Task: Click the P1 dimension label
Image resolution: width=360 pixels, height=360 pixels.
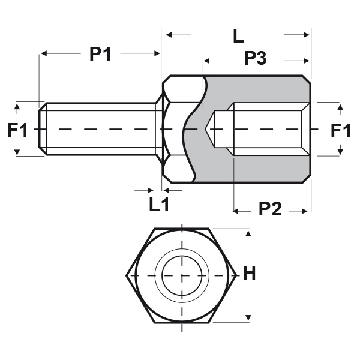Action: click(x=100, y=53)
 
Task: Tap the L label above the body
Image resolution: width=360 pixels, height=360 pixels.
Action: click(x=238, y=36)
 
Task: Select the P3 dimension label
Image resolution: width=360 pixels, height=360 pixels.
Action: click(x=256, y=59)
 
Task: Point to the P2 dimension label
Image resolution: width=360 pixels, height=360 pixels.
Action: click(x=270, y=210)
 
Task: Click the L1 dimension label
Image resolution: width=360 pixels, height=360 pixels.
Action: click(x=159, y=205)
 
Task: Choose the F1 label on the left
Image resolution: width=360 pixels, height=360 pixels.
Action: click(x=18, y=130)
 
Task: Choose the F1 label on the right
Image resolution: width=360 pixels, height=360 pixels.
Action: click(x=341, y=130)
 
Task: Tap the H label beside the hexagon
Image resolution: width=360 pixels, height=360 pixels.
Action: click(x=250, y=274)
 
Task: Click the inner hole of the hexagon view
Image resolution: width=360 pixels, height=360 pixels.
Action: click(x=181, y=276)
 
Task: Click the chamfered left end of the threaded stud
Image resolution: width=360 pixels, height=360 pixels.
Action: click(x=42, y=129)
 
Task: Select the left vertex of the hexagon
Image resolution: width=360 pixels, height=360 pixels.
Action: click(x=127, y=276)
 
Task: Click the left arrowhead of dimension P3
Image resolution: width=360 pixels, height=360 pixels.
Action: click(x=207, y=60)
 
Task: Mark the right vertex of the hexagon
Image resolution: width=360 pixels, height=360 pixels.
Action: click(x=236, y=276)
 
